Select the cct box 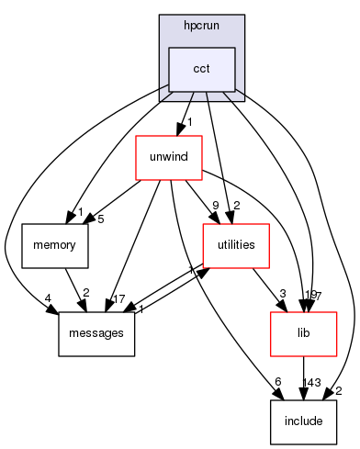(201, 70)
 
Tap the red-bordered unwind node (168, 157)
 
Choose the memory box (55, 245)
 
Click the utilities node (236, 245)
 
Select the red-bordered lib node (302, 333)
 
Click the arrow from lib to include (302, 378)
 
